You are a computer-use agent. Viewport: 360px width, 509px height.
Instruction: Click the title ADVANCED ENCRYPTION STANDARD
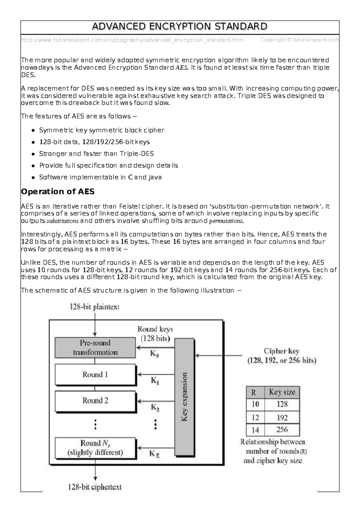click(x=179, y=27)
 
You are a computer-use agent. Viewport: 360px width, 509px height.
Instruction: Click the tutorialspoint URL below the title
click(x=132, y=40)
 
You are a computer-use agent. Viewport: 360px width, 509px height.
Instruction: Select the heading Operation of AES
click(x=58, y=192)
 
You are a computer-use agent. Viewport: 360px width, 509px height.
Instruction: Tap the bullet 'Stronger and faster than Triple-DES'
click(x=96, y=154)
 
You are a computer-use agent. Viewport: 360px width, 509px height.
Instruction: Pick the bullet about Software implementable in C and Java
click(x=100, y=177)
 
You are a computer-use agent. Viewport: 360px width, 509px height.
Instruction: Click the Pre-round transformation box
click(x=95, y=348)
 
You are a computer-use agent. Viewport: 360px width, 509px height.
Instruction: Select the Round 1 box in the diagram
click(x=95, y=375)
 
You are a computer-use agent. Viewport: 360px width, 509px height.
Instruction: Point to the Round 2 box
click(x=95, y=401)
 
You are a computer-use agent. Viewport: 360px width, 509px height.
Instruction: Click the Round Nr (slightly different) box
click(x=95, y=448)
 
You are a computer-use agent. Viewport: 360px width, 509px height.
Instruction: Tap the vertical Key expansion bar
click(x=184, y=397)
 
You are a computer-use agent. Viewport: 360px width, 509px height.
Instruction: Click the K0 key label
click(x=154, y=354)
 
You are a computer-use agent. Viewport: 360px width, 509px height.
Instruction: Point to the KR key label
click(x=154, y=454)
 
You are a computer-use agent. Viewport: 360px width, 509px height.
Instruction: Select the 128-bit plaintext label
click(x=94, y=307)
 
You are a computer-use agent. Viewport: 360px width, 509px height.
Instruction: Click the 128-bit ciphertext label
click(x=95, y=487)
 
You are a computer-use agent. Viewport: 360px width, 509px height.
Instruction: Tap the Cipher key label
click(x=281, y=351)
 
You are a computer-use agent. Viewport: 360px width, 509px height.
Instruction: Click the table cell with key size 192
click(x=282, y=418)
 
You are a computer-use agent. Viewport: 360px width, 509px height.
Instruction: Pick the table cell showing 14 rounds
click(x=255, y=430)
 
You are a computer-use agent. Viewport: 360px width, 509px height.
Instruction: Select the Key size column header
click(x=282, y=392)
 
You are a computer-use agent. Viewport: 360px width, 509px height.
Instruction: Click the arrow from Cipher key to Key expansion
click(x=219, y=356)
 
